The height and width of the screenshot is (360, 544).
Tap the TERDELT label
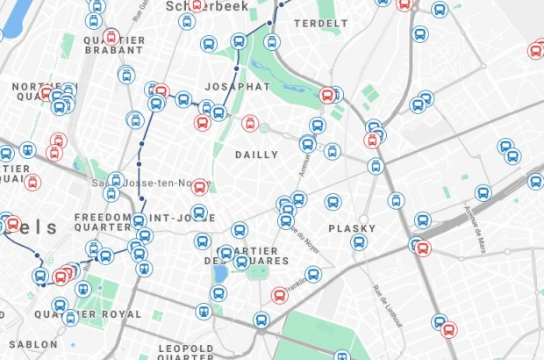click(x=315, y=23)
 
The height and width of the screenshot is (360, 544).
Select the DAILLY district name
click(x=256, y=155)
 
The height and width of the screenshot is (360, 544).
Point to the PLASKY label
click(x=352, y=228)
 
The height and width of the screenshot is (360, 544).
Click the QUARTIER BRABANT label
click(x=114, y=45)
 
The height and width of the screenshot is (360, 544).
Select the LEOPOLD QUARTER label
click(x=185, y=353)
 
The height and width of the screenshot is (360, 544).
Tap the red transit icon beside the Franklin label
click(x=280, y=295)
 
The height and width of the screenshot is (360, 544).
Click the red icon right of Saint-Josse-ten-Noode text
click(x=200, y=186)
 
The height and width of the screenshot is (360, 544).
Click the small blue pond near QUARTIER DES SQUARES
click(x=220, y=273)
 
